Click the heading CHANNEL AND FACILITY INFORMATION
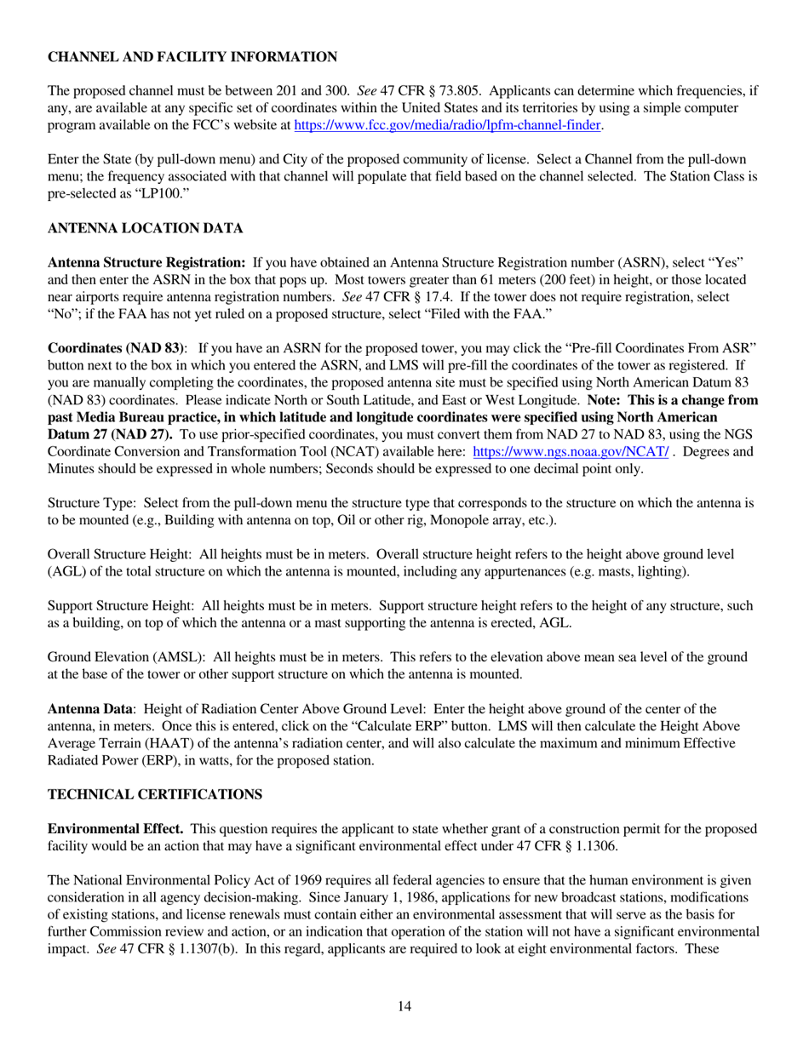[x=192, y=57]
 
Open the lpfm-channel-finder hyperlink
[x=448, y=125]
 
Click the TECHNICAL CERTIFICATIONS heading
[x=155, y=794]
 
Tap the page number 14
[x=404, y=1007]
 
